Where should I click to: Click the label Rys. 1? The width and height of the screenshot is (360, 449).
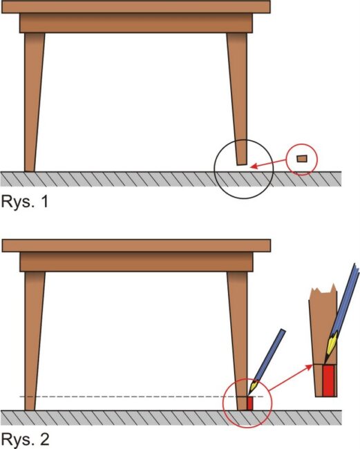pos(25,202)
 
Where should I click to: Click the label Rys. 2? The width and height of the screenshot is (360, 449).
pos(25,439)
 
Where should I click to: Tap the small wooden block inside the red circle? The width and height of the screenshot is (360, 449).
pos(302,159)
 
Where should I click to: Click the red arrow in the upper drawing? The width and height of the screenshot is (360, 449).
pos(269,164)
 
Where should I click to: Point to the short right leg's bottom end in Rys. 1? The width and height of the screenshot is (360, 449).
pos(241,164)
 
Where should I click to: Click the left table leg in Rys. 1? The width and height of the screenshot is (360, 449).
pos(34,102)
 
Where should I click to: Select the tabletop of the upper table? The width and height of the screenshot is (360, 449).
pos(135,7)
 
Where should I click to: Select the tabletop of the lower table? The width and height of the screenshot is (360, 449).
pos(136,246)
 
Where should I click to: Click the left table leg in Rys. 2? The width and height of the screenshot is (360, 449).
pos(34,341)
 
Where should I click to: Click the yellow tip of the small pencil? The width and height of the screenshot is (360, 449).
pos(253,388)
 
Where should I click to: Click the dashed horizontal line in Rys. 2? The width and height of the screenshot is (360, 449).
pos(141,397)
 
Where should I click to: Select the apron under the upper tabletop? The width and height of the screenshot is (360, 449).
pos(136,23)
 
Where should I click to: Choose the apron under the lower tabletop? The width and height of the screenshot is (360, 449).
pos(136,262)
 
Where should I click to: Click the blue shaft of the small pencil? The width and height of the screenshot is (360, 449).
pos(269,356)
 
